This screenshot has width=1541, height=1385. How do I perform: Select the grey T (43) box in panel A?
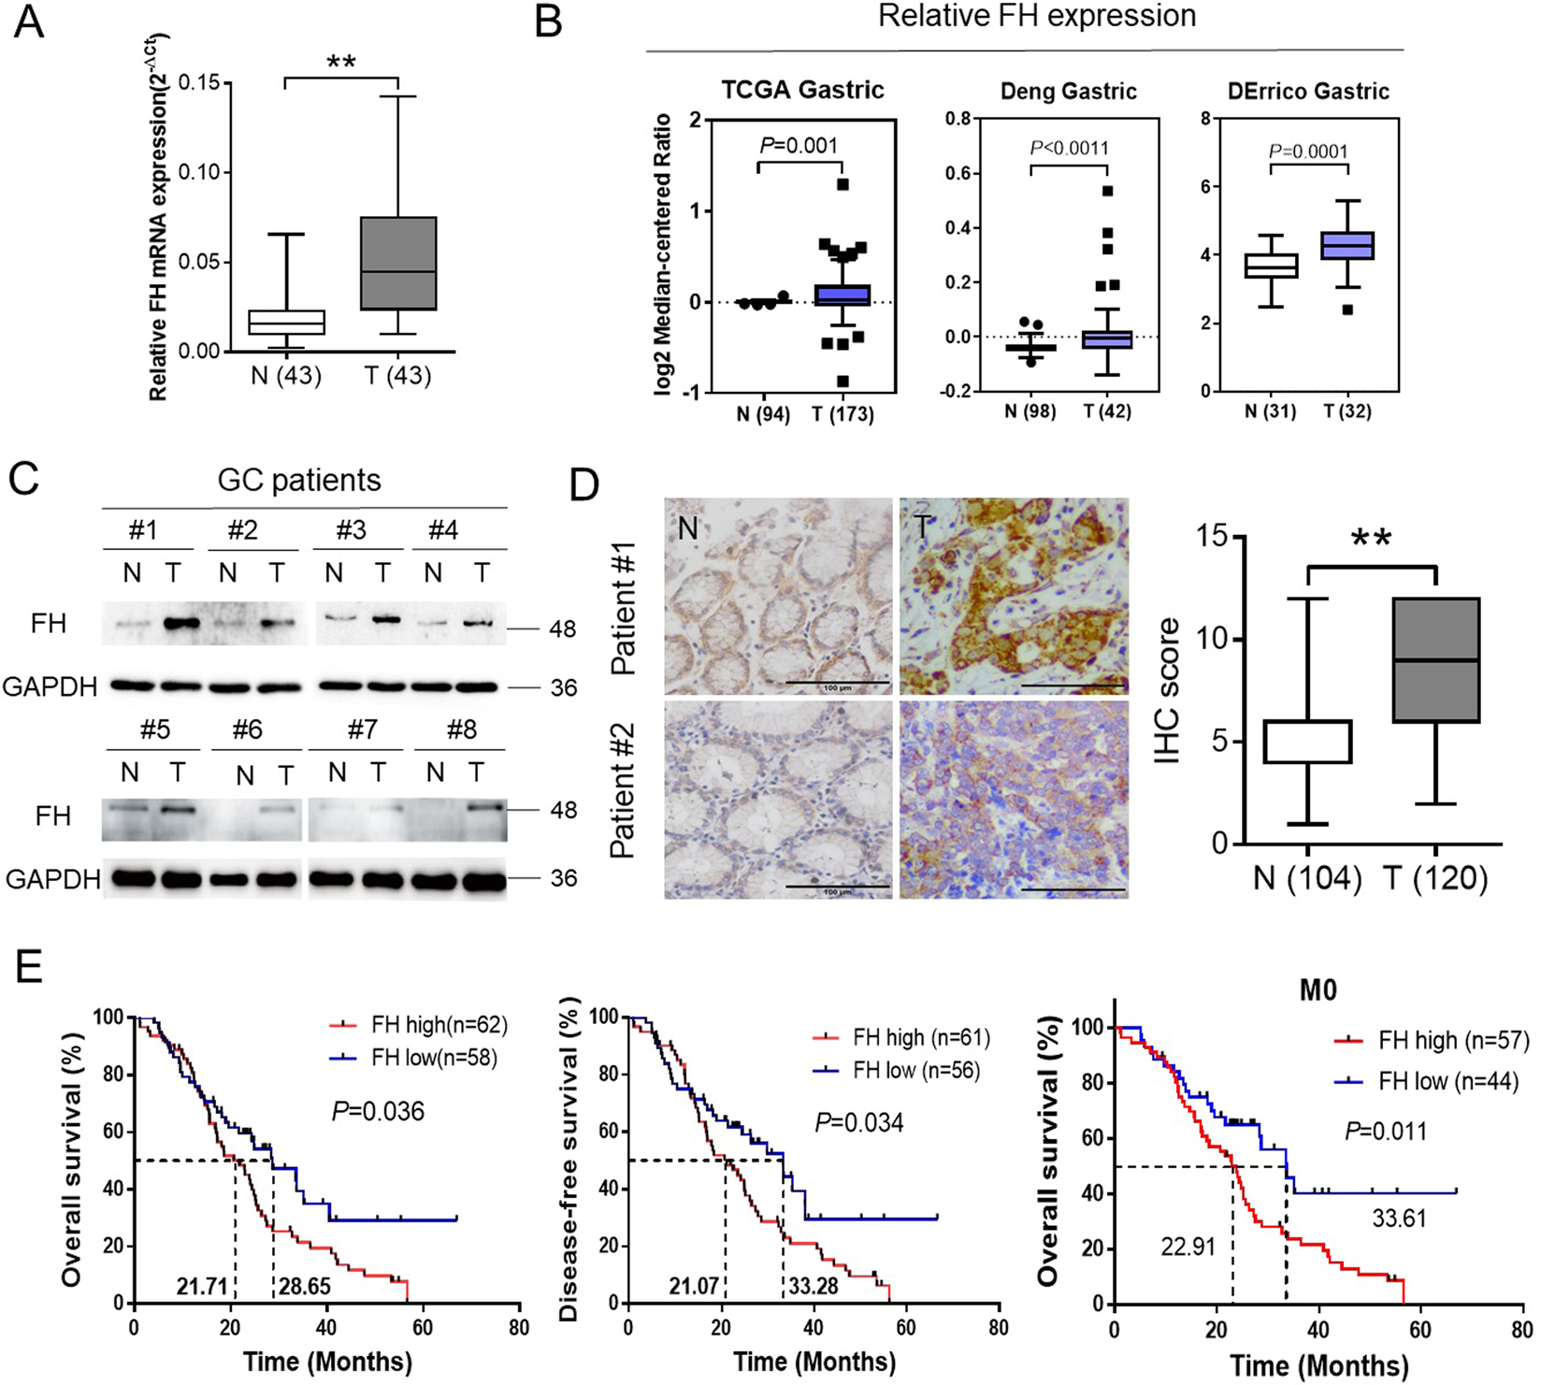(x=397, y=263)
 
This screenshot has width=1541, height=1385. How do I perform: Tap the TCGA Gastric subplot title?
(x=802, y=90)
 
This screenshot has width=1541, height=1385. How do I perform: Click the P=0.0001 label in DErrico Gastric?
(x=1308, y=152)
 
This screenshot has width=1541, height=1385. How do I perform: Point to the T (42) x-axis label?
(x=1107, y=411)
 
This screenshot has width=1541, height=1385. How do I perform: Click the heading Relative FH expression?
(x=1037, y=17)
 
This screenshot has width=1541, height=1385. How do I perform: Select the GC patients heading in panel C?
(x=299, y=480)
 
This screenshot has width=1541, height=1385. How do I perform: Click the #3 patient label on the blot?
(x=351, y=530)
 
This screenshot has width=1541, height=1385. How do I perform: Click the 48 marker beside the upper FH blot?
(x=563, y=629)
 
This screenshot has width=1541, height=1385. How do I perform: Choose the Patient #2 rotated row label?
(x=625, y=790)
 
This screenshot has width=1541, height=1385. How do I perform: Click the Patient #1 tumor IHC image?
(x=1014, y=597)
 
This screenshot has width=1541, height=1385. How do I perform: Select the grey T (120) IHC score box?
(x=1435, y=659)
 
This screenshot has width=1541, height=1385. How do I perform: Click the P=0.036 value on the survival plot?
(x=378, y=1111)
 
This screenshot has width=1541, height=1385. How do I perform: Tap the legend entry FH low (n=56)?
(x=915, y=1071)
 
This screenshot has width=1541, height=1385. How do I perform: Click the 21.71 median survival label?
(x=202, y=1287)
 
